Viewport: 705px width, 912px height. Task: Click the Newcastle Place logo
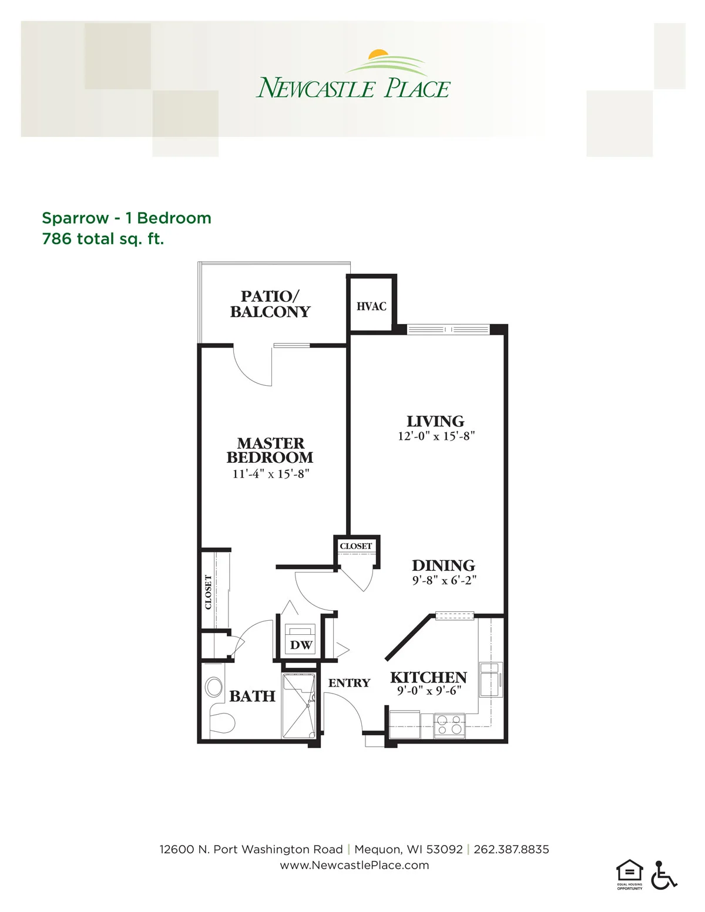point(353,74)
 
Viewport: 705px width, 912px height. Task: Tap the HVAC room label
point(371,307)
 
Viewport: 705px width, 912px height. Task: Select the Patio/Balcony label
point(270,304)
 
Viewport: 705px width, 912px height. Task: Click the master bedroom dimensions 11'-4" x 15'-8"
point(271,474)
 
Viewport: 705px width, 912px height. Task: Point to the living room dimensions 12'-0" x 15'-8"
point(437,436)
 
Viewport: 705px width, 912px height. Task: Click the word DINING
point(444,566)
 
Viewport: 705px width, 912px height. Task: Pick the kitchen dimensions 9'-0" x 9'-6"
point(429,691)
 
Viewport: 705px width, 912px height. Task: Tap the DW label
point(301,645)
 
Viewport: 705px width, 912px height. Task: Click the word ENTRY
point(349,683)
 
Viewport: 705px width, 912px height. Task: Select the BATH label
point(252,696)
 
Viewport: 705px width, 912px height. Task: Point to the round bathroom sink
point(214,687)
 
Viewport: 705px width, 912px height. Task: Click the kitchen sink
point(491,680)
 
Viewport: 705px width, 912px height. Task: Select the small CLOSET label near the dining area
point(356,546)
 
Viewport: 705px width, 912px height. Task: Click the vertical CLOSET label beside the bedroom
point(208,592)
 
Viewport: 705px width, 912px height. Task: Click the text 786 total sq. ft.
point(103,239)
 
